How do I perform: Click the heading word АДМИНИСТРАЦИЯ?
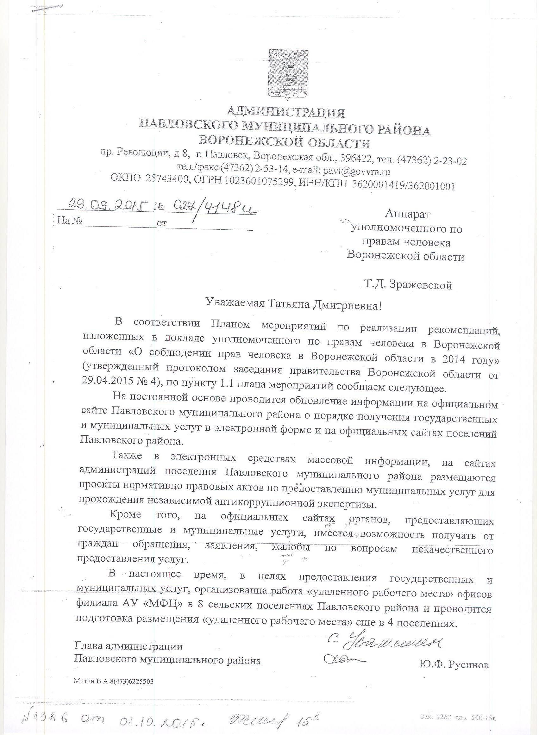(x=286, y=113)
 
